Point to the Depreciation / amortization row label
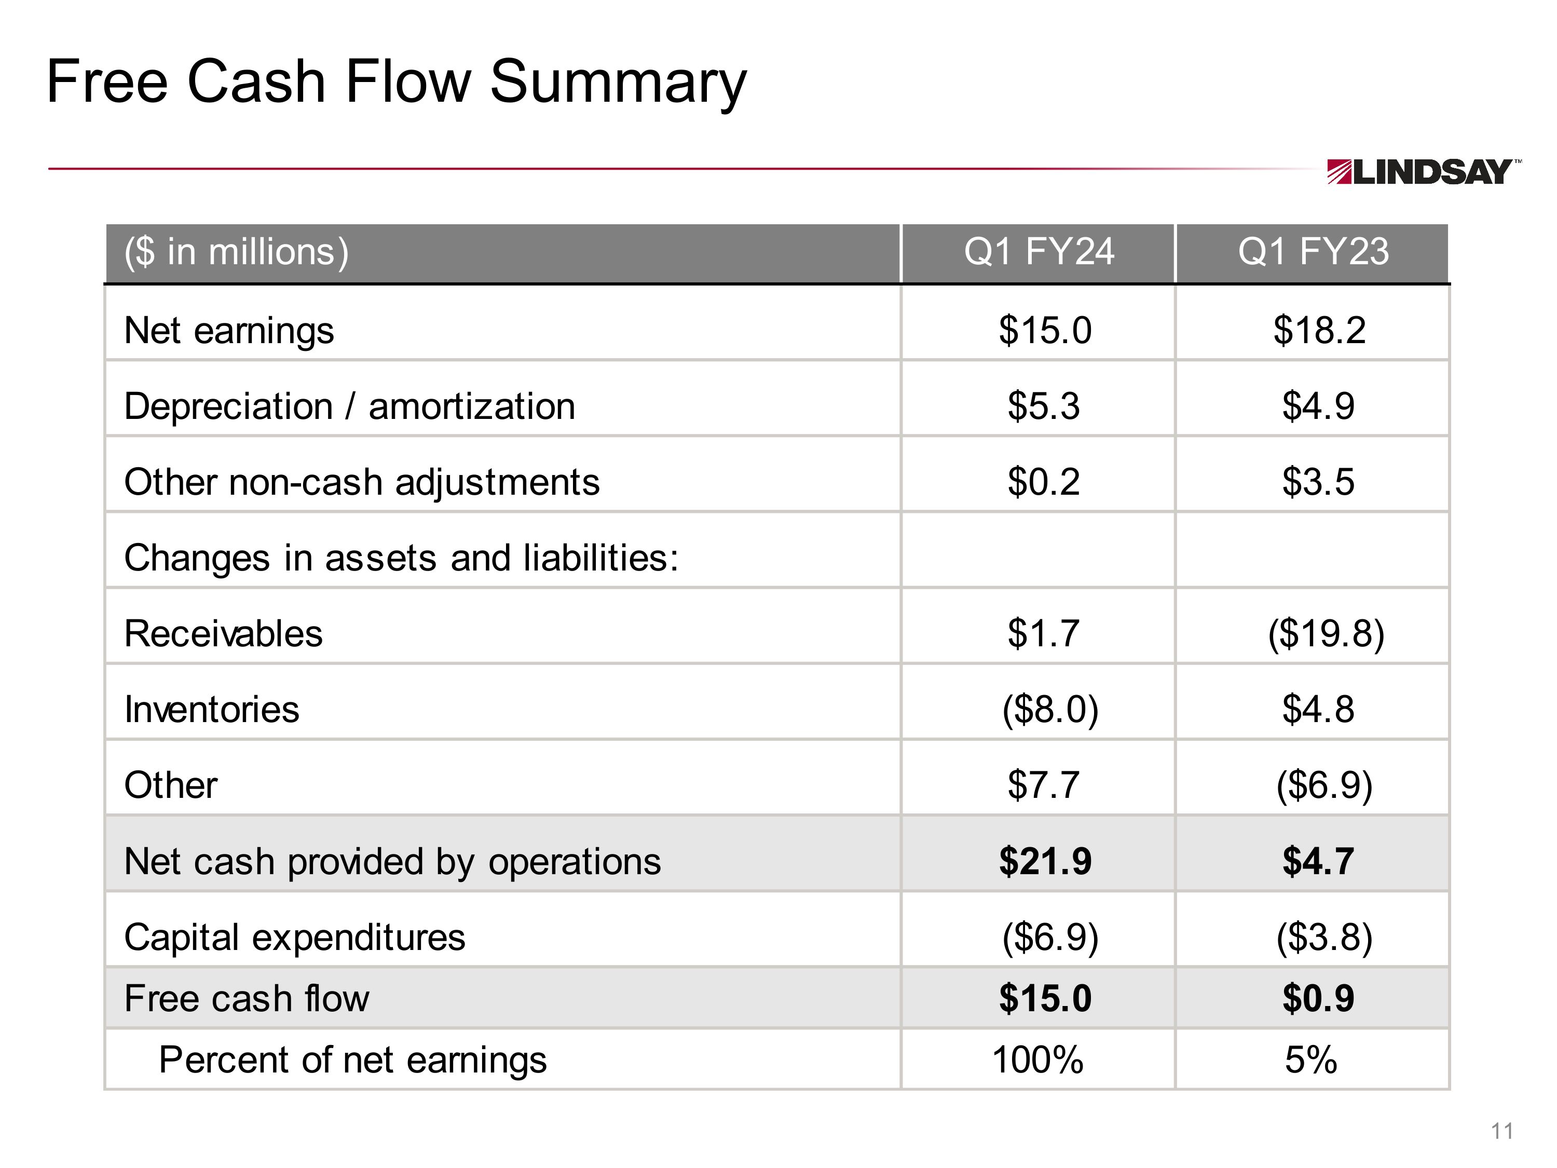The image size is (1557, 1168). click(349, 406)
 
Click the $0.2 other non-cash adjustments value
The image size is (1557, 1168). click(1043, 482)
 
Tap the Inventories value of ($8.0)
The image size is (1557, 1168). click(1049, 709)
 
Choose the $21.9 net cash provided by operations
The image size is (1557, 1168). click(1045, 861)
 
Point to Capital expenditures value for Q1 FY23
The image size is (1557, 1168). click(1324, 937)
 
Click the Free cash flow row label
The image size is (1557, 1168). click(247, 998)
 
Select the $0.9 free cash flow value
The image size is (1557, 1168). click(1318, 998)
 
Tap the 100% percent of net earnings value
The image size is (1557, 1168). click(1037, 1060)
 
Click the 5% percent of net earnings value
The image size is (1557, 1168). click(1310, 1060)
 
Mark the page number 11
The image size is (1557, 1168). click(1502, 1131)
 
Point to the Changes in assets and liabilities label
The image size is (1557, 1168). click(401, 558)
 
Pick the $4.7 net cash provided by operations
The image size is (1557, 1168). click(1318, 861)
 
